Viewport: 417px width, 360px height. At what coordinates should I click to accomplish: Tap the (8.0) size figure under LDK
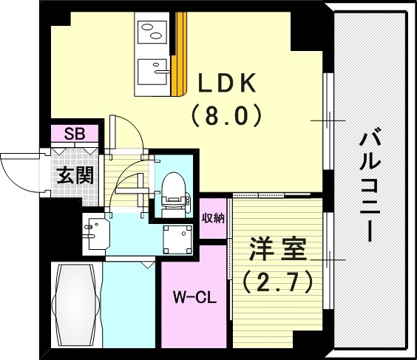(x=226, y=115)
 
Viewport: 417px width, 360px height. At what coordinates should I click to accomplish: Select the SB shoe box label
(x=74, y=134)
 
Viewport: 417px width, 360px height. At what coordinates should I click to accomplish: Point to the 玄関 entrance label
(x=75, y=177)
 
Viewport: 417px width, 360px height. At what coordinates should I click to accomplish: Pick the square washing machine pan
(x=176, y=237)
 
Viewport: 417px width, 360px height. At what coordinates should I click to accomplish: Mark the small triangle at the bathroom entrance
(x=149, y=262)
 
